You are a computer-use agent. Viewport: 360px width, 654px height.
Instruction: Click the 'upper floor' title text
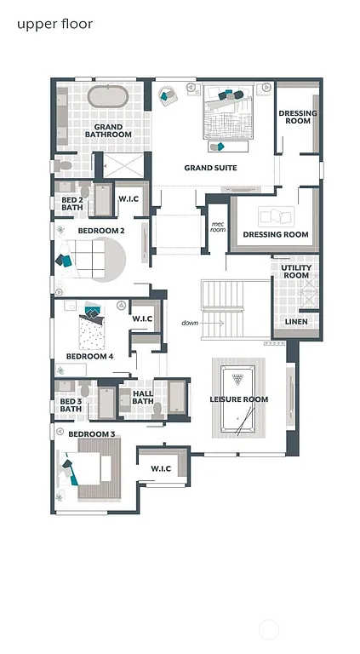click(54, 24)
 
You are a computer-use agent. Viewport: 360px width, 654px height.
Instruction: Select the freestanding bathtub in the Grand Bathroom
click(108, 96)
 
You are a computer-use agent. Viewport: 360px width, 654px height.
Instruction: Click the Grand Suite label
click(210, 168)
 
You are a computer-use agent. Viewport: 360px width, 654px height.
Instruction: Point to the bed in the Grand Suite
click(227, 118)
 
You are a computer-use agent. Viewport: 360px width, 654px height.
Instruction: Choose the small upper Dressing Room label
click(298, 118)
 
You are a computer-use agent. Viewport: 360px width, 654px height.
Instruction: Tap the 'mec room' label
click(218, 227)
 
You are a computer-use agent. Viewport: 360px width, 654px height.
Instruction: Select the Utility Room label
click(295, 272)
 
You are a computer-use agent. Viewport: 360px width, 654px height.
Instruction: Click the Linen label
click(295, 321)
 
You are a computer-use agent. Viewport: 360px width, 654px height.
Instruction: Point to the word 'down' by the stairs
click(189, 323)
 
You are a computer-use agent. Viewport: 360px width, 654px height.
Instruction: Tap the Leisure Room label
click(239, 399)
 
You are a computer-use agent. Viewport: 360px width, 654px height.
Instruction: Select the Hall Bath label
click(142, 398)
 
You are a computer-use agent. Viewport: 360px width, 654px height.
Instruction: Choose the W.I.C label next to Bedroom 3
click(161, 468)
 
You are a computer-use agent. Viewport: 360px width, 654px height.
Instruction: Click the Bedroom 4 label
click(89, 356)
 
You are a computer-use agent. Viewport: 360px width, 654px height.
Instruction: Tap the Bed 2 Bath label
click(72, 204)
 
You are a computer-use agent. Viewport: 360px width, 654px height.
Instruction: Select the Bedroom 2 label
click(101, 231)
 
